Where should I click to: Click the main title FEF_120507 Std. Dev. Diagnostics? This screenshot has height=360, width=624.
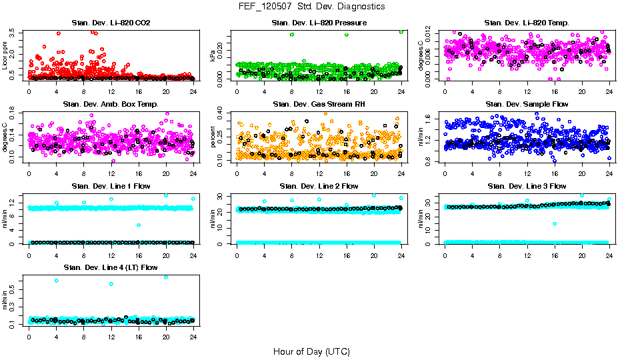311,6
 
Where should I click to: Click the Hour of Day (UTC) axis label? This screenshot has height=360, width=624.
311,351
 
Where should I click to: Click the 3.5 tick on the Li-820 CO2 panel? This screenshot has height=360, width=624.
15,31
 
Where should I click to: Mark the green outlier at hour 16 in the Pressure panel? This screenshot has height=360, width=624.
347,35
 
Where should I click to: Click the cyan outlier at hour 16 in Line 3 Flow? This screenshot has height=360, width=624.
555,224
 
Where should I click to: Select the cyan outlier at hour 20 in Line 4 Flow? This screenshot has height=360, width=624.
166,277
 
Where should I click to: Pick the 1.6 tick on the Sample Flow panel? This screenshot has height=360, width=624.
433,119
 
